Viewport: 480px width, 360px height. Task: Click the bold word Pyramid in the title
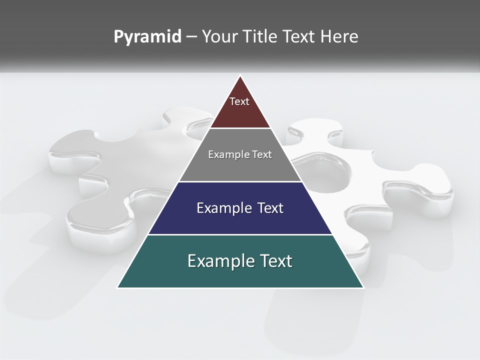147,37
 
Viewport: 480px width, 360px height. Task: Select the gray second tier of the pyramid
240,167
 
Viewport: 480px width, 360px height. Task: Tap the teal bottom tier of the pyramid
240,275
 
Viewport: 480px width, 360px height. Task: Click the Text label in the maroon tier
239,101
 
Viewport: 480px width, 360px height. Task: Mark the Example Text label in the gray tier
240,154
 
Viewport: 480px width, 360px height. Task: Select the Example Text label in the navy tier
240,208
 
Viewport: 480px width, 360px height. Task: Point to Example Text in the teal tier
240,261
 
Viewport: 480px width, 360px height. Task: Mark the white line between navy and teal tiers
240,234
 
